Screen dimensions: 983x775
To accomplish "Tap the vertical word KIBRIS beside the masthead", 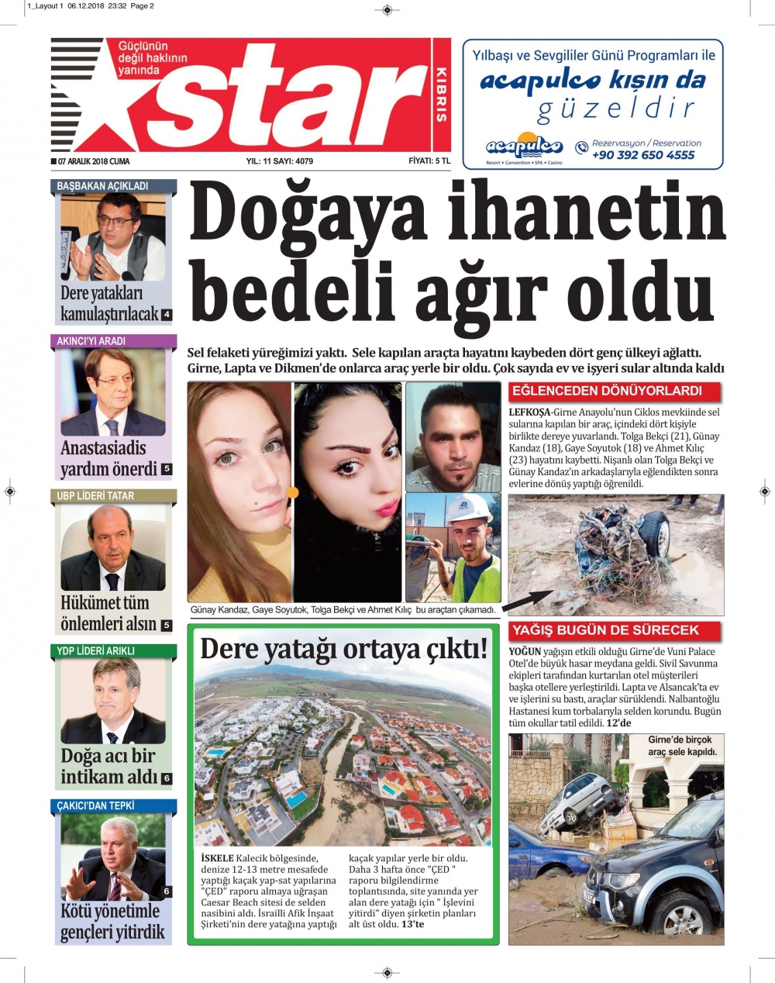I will [441, 95].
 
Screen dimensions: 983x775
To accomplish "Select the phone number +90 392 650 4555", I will [643, 155].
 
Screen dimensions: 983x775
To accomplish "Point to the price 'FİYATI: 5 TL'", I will [429, 161].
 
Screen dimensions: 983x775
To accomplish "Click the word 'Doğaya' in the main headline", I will [309, 215].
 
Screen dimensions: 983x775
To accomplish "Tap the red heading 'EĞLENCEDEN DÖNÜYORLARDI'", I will [606, 391].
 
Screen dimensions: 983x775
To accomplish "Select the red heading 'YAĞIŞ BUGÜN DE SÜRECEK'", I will [604, 631].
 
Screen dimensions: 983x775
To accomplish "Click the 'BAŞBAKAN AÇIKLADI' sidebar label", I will [102, 186].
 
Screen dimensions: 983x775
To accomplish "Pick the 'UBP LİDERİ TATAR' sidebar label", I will [95, 496].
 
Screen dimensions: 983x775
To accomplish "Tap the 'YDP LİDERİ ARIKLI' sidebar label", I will [95, 651].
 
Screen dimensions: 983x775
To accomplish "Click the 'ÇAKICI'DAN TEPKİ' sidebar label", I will [95, 806].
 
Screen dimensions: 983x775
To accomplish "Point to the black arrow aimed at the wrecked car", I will [530, 600].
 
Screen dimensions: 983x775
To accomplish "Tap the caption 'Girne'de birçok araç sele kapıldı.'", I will [682, 746].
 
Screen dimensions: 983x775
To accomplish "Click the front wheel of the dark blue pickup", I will [683, 918].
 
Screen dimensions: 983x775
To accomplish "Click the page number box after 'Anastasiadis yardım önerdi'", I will [167, 469].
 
